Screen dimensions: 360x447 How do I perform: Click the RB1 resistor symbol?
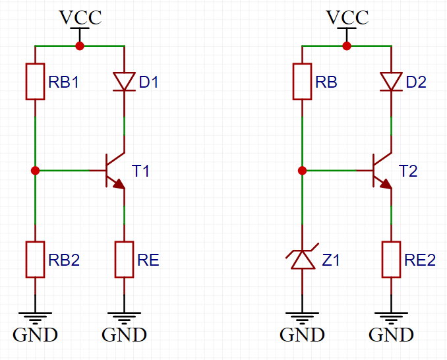point(35,82)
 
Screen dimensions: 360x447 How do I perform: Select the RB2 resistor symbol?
point(35,259)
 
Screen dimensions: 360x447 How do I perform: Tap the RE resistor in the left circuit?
point(124,259)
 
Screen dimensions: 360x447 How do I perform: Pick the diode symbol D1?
point(124,82)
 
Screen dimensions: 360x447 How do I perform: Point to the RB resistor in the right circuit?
point(302,82)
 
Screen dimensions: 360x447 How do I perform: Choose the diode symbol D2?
point(391,82)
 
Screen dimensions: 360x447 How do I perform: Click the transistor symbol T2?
point(382,171)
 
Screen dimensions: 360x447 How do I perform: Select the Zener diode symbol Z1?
point(302,259)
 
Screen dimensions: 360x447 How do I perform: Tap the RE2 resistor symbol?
point(391,259)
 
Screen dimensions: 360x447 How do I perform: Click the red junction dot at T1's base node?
point(35,170)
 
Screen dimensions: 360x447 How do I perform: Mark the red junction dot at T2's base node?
point(302,170)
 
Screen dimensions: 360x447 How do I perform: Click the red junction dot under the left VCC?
point(80,46)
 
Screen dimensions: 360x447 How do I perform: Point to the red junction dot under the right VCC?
point(347,46)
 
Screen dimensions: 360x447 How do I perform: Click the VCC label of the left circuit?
point(80,17)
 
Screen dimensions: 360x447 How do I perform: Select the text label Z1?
point(331,260)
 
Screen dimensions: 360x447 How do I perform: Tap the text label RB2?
point(64,260)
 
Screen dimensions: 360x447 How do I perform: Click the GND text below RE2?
point(391,335)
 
